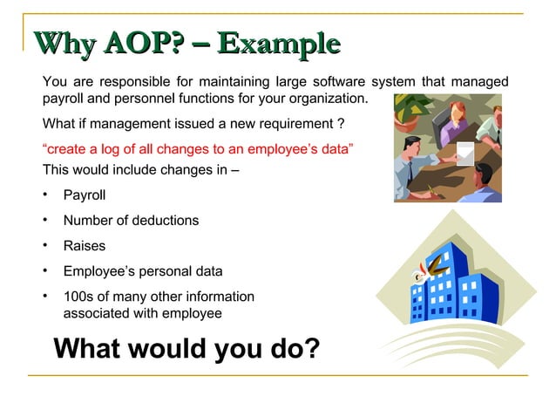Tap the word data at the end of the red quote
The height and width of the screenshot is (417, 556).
[x=334, y=149]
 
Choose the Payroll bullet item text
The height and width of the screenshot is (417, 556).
[x=85, y=195]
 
